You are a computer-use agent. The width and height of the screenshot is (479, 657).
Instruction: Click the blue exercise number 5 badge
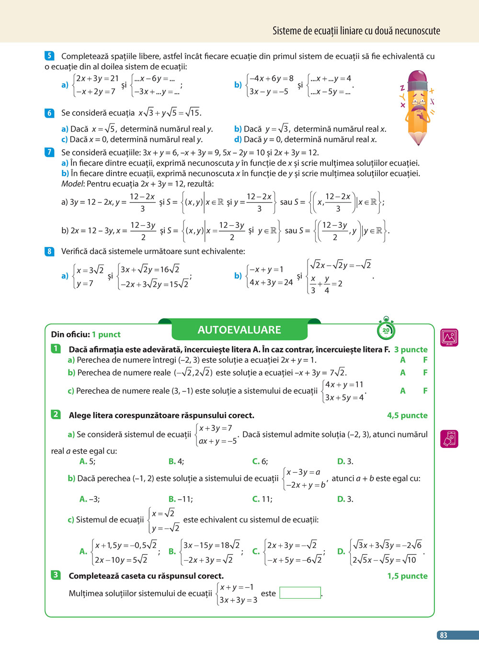coord(49,56)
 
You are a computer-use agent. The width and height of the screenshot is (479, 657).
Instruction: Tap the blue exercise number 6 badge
coord(49,113)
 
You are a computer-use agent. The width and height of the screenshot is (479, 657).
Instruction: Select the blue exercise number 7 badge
coord(49,152)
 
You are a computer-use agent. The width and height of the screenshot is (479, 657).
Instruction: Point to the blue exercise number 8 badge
coord(49,251)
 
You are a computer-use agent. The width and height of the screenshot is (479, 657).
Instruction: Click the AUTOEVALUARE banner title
coord(239,330)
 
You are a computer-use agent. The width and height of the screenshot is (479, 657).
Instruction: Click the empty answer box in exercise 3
coord(300,593)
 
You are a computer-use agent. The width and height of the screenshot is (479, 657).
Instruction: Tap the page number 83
coord(444,635)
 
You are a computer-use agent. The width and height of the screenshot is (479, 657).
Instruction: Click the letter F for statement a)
coord(425,360)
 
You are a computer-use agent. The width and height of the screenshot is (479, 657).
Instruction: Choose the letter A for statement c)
coord(403,390)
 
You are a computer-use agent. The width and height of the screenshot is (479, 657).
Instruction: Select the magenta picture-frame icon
coord(449,337)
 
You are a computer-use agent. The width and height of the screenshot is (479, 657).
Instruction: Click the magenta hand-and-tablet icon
coord(449,439)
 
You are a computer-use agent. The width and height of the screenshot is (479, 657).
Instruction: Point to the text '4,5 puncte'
coord(407,415)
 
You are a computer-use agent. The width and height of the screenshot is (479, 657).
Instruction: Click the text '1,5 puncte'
coord(407,576)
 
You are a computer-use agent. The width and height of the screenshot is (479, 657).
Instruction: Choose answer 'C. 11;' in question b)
coord(262,499)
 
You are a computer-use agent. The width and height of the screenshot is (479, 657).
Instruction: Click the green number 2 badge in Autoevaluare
coord(56,414)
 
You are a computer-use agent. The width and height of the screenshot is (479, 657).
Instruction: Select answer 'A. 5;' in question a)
coord(87,461)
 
